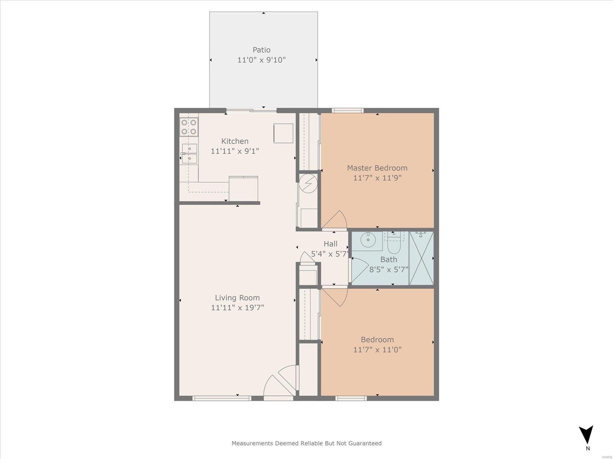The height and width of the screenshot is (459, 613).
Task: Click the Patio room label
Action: click(261, 50)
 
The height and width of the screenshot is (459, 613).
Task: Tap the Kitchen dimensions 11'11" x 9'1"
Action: click(235, 151)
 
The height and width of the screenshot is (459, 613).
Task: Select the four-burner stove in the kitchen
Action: click(189, 127)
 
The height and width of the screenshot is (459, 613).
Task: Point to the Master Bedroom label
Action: click(377, 168)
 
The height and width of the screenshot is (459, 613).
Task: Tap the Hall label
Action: click(330, 244)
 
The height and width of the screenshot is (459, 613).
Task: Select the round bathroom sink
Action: click(368, 240)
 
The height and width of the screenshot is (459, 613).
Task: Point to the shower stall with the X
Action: click(421, 258)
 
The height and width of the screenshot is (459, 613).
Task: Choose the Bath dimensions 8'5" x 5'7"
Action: click(389, 270)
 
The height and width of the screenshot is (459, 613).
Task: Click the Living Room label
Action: click(238, 298)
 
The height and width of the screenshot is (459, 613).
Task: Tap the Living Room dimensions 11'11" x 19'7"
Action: click(238, 308)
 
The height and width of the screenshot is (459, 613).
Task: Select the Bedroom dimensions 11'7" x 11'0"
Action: click(377, 350)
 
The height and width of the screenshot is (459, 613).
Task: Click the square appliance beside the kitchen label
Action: click(283, 133)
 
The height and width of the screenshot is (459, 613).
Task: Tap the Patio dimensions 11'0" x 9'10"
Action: click(261, 60)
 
